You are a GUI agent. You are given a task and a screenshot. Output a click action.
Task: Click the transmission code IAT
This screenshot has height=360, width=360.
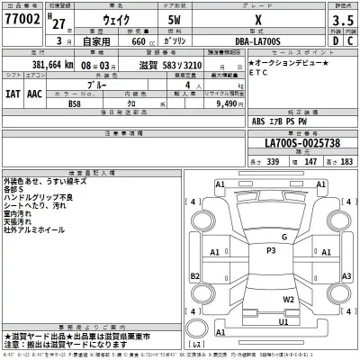13,91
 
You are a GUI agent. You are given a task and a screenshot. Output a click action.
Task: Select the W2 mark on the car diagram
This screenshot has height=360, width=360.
289,300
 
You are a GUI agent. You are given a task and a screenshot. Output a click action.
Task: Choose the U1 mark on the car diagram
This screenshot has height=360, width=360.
283,321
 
